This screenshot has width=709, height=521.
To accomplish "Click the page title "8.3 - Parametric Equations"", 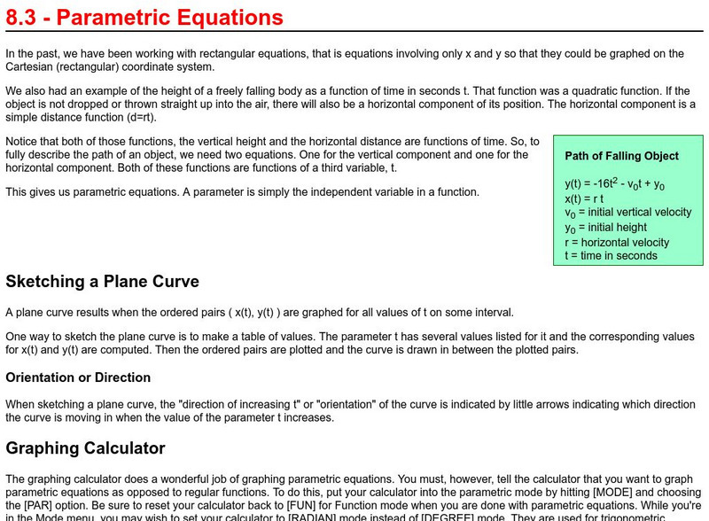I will click(144, 18).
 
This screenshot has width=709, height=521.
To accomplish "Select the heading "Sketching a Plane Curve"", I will click(102, 282).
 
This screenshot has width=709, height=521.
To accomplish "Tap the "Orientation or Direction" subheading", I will click(78, 377).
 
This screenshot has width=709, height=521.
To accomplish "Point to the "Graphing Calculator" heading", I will click(85, 448).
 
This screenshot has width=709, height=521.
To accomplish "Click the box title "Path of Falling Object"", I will click(621, 156).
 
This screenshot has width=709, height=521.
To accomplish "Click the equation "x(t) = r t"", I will click(588, 198).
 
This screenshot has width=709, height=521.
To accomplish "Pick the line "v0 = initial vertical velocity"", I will click(627, 213).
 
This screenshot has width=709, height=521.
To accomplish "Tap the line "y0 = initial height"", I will click(605, 228).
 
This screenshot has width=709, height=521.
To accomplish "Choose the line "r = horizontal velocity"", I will click(617, 242).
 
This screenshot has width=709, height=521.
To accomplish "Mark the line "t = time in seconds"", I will click(611, 256).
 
